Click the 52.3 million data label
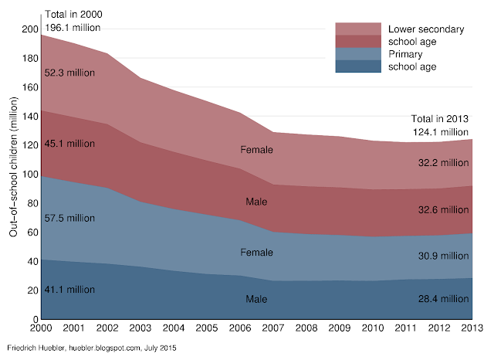coord(70,73)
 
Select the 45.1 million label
coord(70,143)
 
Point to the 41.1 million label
coord(70,290)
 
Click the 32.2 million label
coord(444,163)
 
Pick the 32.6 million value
coord(444,209)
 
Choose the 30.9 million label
coord(444,256)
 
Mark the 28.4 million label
coord(444,299)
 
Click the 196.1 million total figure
coord(73,28)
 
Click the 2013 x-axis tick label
coord(472,328)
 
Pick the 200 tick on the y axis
coord(29,29)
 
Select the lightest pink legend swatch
coord(359,29)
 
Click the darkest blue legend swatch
coord(359,66)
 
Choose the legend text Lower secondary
coord(426,29)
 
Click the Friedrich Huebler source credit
coord(91,349)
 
